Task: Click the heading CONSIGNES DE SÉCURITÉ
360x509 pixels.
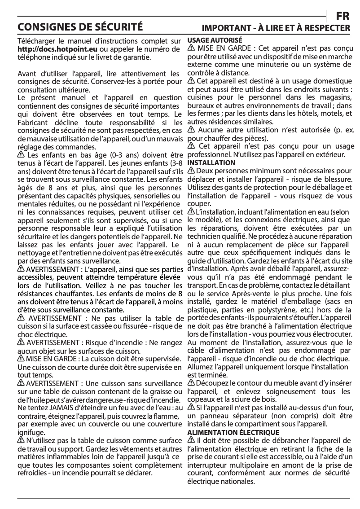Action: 80,26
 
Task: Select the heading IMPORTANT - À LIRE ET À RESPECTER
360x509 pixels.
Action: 276,28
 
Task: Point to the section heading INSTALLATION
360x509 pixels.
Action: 211,162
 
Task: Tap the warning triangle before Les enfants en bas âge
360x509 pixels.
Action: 21,155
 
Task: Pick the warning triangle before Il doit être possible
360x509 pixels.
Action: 191,441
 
